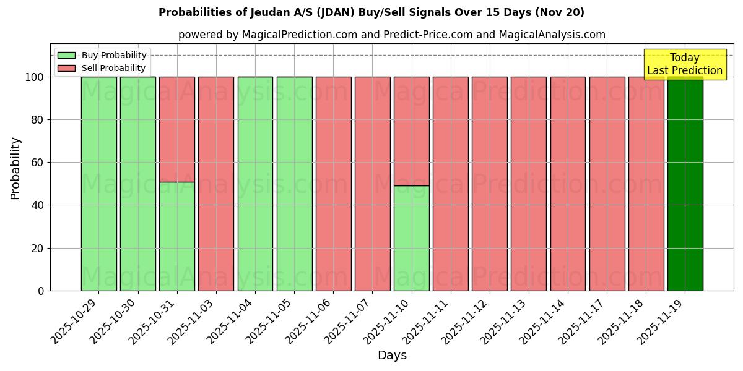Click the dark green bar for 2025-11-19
(x=685, y=184)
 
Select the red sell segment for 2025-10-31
(x=177, y=129)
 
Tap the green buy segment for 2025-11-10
(x=411, y=238)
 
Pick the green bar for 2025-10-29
(x=98, y=184)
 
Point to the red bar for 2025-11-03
(x=216, y=184)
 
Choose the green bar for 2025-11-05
(x=294, y=184)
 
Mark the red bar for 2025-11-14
(x=568, y=184)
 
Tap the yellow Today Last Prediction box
(x=685, y=64)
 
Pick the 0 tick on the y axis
(x=40, y=291)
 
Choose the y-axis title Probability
(x=15, y=168)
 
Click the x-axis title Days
(x=392, y=356)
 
